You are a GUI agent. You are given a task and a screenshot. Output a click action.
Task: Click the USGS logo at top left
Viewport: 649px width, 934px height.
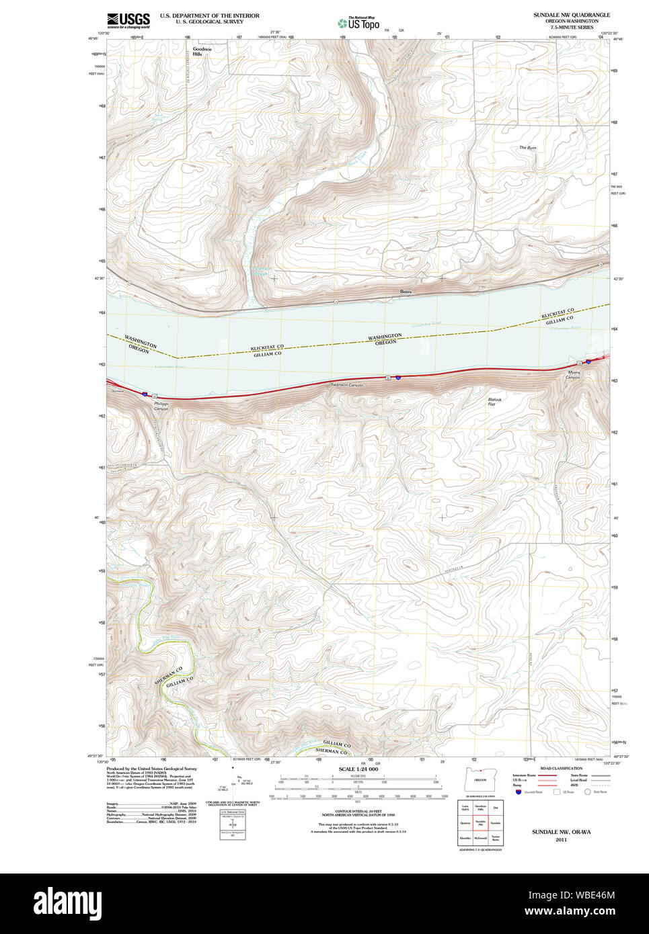(x=128, y=20)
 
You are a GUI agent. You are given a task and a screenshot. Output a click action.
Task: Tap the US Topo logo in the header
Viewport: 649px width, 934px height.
(x=359, y=24)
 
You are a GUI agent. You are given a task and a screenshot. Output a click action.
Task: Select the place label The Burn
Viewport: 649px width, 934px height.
(x=527, y=148)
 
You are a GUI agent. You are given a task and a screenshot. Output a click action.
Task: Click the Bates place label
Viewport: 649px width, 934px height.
(x=406, y=292)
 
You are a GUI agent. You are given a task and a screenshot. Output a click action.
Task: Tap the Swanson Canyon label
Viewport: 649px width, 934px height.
(x=347, y=385)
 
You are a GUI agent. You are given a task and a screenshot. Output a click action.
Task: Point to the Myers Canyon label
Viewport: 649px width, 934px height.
(x=573, y=375)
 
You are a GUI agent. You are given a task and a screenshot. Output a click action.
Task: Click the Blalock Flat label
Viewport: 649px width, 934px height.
(x=494, y=402)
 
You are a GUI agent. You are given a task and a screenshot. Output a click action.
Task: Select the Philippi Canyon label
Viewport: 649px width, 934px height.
(x=161, y=407)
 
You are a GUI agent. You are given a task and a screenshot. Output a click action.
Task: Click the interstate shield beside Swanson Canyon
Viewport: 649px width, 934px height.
(x=398, y=378)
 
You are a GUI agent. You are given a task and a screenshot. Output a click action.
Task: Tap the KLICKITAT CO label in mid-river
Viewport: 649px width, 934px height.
(x=267, y=347)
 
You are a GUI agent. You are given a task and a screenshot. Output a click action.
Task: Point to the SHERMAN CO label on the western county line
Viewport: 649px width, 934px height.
(x=168, y=675)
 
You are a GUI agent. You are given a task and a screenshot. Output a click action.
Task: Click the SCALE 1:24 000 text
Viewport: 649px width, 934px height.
(x=358, y=769)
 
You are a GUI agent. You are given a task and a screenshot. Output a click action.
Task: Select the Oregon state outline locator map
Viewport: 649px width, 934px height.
(x=480, y=779)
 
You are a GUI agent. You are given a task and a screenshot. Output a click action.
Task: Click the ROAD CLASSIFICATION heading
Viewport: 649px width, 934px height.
(x=561, y=768)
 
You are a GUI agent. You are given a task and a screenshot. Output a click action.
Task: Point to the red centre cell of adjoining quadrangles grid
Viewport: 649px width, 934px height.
(x=480, y=822)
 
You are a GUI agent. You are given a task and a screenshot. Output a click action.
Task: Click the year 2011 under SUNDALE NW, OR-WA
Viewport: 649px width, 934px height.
(x=561, y=839)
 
